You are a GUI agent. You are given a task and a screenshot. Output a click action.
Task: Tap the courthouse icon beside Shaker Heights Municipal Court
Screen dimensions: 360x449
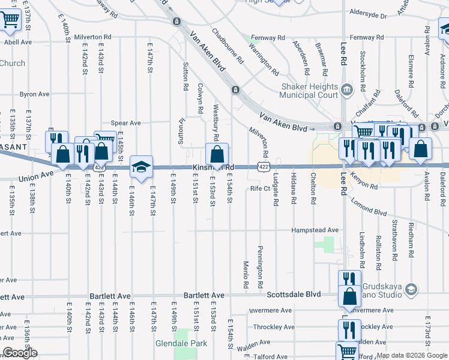pos(347,91)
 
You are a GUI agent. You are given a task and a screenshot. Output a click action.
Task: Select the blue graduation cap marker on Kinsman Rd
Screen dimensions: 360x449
pos(141,167)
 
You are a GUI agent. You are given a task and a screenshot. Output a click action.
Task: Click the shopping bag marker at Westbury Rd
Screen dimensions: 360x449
pos(216,155)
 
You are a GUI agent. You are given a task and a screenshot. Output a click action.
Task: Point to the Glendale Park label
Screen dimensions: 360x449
pos(181,343)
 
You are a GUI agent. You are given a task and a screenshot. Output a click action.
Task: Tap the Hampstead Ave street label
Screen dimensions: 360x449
pos(315,230)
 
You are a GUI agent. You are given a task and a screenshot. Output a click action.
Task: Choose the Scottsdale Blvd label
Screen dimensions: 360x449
pos(294,295)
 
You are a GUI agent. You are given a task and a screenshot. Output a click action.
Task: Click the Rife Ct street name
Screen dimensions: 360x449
pos(261,188)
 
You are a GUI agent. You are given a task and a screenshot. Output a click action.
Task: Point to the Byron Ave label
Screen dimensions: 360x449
pos(34,94)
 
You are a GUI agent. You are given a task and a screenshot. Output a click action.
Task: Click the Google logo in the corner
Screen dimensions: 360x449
pos(20,353)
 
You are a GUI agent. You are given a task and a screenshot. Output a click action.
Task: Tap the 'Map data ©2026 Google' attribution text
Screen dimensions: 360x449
pos(412,355)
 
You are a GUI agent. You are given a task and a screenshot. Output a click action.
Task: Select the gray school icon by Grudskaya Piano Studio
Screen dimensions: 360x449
pos(411,290)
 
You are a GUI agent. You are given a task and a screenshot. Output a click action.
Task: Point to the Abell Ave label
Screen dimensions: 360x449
pos(17,42)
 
